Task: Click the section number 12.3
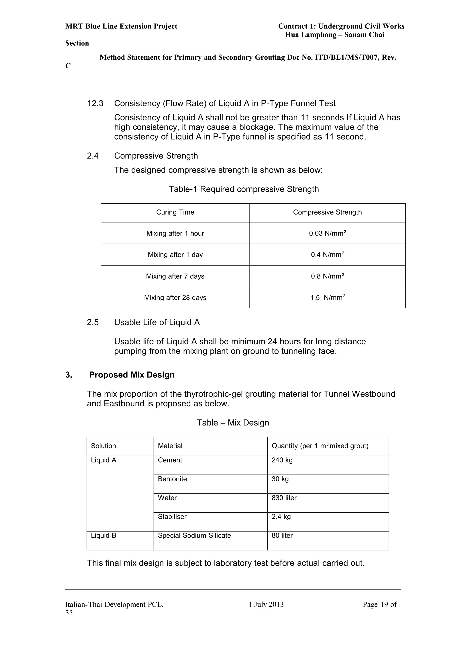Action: (95, 103)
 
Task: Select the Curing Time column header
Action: (175, 212)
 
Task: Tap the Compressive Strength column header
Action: (327, 212)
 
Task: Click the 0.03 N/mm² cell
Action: (327, 233)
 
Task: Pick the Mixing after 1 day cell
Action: (175, 255)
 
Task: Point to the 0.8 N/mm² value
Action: (327, 276)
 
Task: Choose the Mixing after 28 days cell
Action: (175, 298)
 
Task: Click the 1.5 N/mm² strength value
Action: (327, 298)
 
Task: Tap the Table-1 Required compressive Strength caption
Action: (244, 189)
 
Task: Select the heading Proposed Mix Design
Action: (132, 375)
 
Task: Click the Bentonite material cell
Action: (172, 479)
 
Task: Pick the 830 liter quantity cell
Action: (284, 498)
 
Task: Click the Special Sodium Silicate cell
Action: (194, 535)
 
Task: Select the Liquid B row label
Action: (103, 535)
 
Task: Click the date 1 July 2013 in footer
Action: (266, 604)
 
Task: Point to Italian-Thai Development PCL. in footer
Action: (114, 604)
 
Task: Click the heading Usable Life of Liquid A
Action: (157, 322)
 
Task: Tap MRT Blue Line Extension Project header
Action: (121, 26)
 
